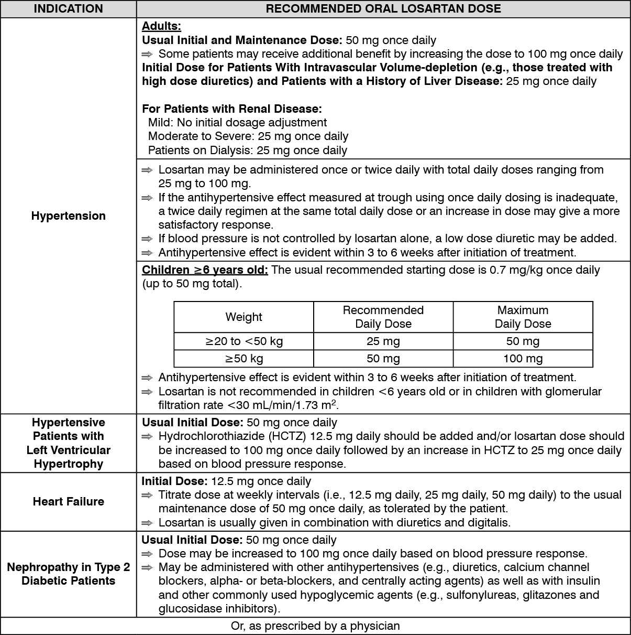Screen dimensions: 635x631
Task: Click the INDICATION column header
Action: [x=68, y=9]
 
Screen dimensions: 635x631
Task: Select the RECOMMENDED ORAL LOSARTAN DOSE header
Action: [x=383, y=9]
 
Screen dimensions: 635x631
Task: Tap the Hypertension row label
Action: [x=68, y=216]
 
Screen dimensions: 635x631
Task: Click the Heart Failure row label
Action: [x=68, y=502]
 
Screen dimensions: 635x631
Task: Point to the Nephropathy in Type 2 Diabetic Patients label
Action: [x=68, y=574]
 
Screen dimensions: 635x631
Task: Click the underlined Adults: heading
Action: [x=161, y=27]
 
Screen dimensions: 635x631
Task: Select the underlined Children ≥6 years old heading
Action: [x=205, y=270]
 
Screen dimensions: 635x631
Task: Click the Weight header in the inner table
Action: [x=243, y=317]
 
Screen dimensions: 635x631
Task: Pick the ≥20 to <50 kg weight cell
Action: [x=243, y=341]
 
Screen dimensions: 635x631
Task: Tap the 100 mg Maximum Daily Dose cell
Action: [x=523, y=359]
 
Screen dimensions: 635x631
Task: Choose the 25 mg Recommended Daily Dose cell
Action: [x=383, y=341]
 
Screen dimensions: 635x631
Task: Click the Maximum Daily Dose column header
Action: [x=523, y=317]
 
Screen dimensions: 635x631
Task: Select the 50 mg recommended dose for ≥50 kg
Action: [x=383, y=359]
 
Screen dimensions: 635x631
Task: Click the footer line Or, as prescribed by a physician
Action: [x=315, y=626]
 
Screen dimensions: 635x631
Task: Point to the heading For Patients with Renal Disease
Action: [x=231, y=109]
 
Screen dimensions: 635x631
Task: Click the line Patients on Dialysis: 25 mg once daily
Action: [x=247, y=150]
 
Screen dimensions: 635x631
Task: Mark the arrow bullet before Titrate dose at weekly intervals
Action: [x=147, y=495]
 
